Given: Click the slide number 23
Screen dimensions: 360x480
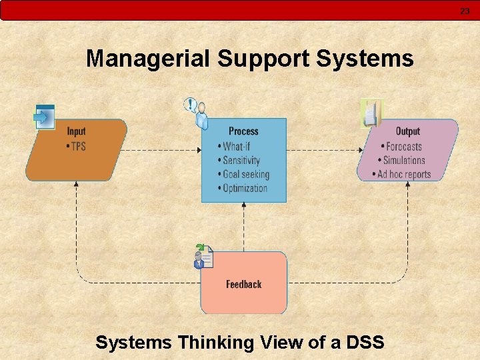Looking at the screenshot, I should point(465,11).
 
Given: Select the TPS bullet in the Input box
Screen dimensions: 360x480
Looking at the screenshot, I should point(77,146).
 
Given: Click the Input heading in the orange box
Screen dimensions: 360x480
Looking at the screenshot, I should point(76,131).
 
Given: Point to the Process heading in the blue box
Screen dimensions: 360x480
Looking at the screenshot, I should point(243,131).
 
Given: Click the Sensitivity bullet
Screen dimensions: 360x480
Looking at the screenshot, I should point(241,160).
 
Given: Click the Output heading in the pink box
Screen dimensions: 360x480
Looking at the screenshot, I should point(407,131).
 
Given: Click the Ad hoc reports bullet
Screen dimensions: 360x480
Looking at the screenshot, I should point(404,174).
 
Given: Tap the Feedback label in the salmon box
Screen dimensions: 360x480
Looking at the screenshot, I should point(243,285).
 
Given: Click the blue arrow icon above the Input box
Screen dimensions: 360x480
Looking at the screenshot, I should point(44,117).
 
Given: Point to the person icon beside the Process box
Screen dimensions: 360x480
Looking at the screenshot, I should point(197,113).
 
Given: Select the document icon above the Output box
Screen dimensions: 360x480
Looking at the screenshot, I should point(371,113).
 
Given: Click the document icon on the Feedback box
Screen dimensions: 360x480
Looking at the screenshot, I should point(203,257).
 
